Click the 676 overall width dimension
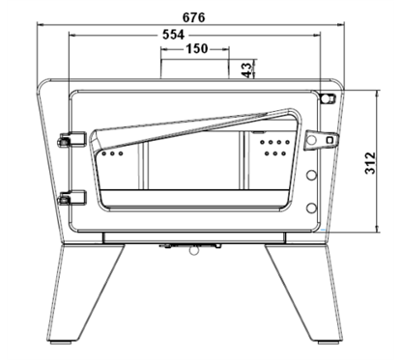pyautogui.click(x=193, y=17)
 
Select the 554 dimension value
pyautogui.click(x=173, y=35)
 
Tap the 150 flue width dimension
pyautogui.click(x=197, y=49)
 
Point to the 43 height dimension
pyautogui.click(x=246, y=70)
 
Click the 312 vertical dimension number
pyautogui.click(x=370, y=163)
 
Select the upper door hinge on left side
pyautogui.click(x=72, y=139)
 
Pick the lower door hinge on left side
pyautogui.click(x=72, y=198)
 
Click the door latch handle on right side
pyautogui.click(x=321, y=140)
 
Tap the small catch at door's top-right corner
pyautogui.click(x=329, y=97)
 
